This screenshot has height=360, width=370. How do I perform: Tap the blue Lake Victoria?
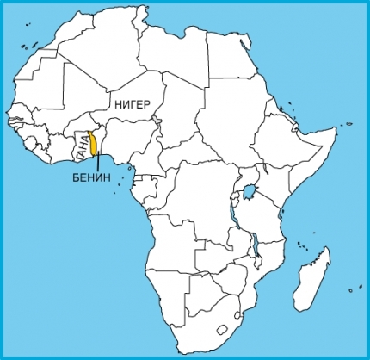coord(251,190)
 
